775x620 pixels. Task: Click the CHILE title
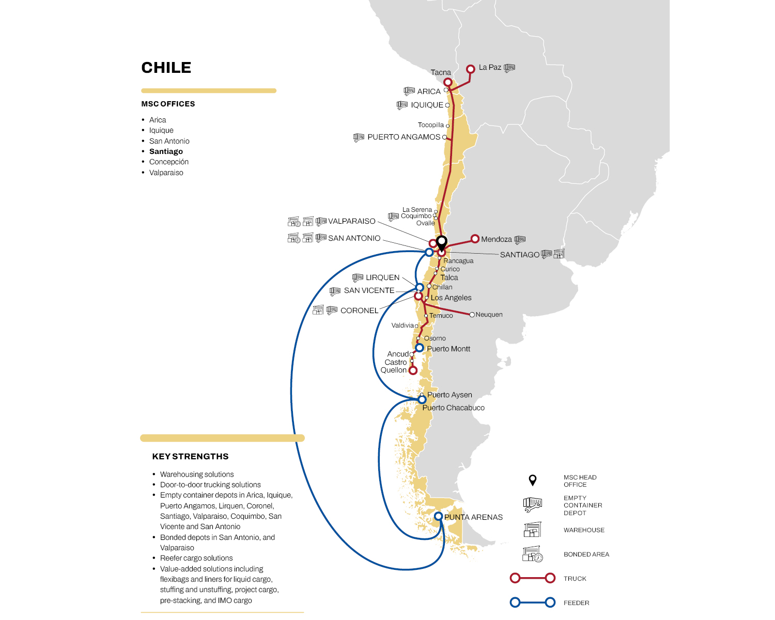coord(166,68)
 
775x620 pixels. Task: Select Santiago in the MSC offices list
coord(166,151)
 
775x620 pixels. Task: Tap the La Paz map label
coord(490,67)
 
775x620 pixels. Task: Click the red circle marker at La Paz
coord(471,69)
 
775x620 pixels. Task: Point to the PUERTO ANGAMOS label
coord(404,137)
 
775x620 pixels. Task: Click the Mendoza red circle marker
coord(475,239)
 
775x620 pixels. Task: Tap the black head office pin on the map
coord(442,242)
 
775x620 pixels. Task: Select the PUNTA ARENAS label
coord(473,517)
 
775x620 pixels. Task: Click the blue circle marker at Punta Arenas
coord(438,516)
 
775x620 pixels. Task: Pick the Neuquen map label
coord(489,315)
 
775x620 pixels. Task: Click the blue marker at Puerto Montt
coord(420,348)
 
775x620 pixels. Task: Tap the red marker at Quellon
coord(413,370)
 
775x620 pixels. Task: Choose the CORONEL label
coord(359,311)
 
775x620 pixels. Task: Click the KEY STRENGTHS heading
coord(190,456)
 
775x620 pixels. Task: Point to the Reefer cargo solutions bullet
coord(196,558)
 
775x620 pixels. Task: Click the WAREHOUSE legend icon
coord(532,530)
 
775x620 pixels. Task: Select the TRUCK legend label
coord(575,579)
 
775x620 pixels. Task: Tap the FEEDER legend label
coord(576,603)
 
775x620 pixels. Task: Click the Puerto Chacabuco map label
coord(453,408)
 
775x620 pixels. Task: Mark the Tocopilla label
coord(430,125)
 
